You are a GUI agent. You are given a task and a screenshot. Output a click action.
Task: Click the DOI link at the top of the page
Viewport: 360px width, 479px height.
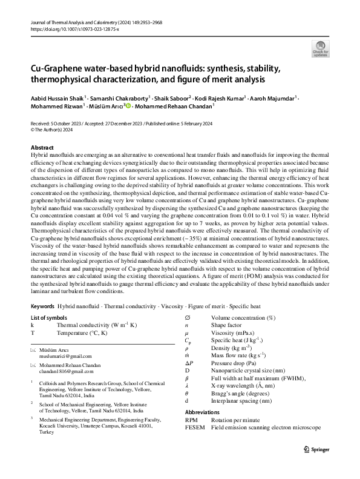(73, 28)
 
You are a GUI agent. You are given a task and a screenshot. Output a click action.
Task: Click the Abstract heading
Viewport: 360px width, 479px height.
(42, 148)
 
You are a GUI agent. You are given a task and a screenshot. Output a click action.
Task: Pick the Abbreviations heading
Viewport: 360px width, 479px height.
(205, 412)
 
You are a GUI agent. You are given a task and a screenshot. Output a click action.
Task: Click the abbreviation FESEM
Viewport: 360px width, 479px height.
(196, 428)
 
